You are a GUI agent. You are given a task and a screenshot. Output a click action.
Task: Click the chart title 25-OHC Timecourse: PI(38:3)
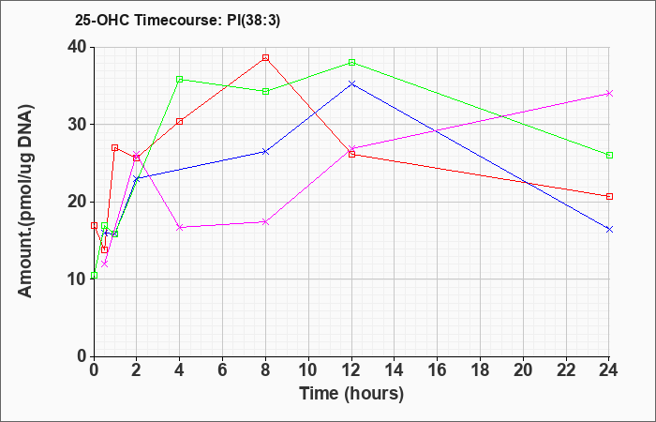point(177,21)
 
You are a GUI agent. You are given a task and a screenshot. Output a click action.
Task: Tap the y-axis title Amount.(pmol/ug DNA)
point(26,202)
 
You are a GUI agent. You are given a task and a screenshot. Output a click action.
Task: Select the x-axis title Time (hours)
point(351,394)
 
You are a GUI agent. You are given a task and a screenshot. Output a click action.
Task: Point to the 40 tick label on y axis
point(78,47)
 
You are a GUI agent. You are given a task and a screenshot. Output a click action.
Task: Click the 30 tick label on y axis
point(78,125)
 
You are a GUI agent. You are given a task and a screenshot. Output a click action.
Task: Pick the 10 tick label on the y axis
point(78,279)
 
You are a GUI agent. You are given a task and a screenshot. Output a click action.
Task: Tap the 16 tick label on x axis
point(438,370)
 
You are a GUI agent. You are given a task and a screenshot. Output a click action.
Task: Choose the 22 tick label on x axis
point(566,370)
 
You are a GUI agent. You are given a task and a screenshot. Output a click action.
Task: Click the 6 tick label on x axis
point(223,370)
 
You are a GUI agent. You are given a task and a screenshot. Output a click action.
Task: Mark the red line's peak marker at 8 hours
point(265,58)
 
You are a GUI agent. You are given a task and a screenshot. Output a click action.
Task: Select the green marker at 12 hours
point(351,63)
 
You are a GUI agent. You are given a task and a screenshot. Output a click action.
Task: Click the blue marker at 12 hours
point(351,84)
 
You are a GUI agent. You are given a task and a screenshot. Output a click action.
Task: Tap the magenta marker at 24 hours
point(609,94)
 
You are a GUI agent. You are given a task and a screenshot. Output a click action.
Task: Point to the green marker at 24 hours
point(609,156)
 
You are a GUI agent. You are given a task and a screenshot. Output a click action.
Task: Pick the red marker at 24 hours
point(609,196)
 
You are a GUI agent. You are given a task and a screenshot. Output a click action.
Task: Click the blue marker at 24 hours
point(609,230)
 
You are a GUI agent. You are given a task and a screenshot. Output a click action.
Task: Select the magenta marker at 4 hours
point(180,227)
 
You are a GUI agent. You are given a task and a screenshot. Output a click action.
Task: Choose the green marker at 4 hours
point(180,79)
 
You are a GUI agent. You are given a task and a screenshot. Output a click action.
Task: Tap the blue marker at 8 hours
point(265,152)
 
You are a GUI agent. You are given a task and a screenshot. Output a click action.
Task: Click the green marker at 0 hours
point(94,275)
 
